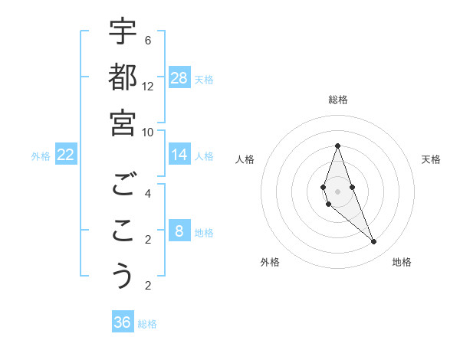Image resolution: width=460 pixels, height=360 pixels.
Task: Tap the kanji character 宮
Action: click(x=123, y=122)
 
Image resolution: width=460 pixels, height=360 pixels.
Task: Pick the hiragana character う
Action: click(x=123, y=276)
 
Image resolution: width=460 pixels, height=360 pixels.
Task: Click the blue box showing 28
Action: click(x=179, y=77)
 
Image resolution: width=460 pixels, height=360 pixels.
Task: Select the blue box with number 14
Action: click(x=179, y=155)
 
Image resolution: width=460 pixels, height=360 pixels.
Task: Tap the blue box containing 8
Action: click(x=179, y=231)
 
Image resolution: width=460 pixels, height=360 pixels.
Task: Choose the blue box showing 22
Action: click(x=66, y=155)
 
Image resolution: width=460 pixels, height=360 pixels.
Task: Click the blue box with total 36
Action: click(x=123, y=322)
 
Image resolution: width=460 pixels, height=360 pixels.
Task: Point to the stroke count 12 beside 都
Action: click(x=148, y=86)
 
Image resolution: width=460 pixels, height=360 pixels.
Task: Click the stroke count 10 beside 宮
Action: click(x=148, y=131)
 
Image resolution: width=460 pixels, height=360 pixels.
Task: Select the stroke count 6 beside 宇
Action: click(x=148, y=40)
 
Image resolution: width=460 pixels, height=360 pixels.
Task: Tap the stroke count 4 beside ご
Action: click(x=148, y=193)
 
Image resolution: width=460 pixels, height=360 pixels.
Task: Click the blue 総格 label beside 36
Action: click(x=148, y=324)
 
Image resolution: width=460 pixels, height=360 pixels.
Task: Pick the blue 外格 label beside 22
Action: click(x=41, y=156)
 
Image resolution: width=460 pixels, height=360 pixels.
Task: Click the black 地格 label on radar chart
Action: click(x=402, y=262)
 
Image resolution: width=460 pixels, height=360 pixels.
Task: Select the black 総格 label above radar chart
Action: click(x=337, y=100)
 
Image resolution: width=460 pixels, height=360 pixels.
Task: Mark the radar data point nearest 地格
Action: click(x=374, y=242)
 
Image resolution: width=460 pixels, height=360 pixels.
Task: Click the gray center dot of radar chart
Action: click(x=337, y=191)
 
